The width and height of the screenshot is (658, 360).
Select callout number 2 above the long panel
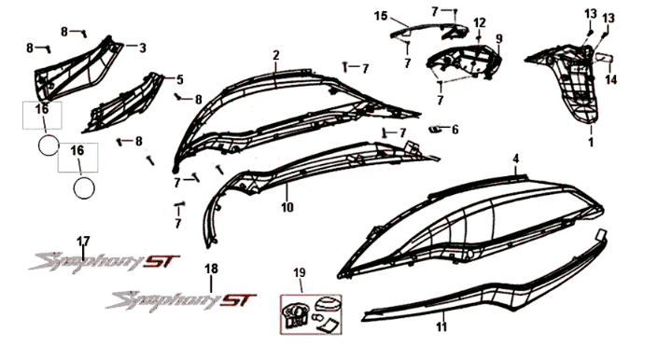[276, 56]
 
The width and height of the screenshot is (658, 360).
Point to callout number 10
[287, 205]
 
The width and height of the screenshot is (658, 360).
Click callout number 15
[381, 16]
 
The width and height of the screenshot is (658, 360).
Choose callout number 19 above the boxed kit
[300, 273]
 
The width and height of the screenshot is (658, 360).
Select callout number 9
[498, 38]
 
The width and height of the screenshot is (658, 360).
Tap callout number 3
[143, 47]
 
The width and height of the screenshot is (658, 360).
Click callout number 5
[180, 79]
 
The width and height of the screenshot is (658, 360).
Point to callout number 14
[611, 80]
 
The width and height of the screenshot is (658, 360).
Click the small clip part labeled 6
[435, 128]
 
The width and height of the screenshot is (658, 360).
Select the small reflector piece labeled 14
[602, 59]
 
